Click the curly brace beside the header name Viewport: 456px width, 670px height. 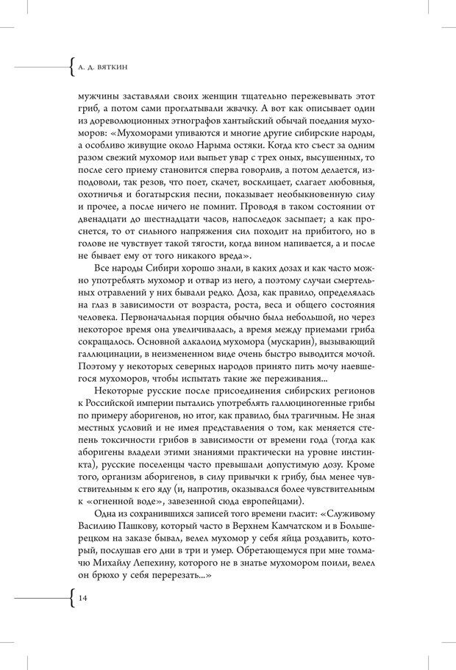click(71, 67)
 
